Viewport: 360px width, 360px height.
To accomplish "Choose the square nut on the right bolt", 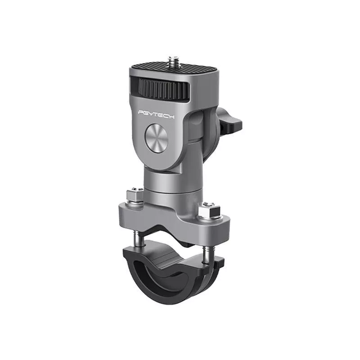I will point(210,210).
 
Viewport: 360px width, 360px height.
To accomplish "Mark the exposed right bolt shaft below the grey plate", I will point(206,254).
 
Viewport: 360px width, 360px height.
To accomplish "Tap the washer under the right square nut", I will point(210,218).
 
